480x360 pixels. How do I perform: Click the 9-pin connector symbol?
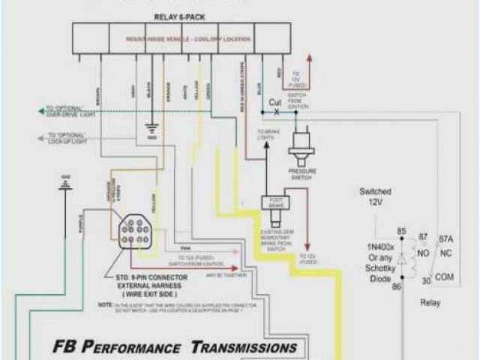pyautogui.click(x=136, y=230)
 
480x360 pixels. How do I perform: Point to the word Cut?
pyautogui.click(x=275, y=102)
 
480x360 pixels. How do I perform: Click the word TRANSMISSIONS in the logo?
pyautogui.click(x=243, y=347)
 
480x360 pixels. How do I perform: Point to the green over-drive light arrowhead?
pyautogui.click(x=42, y=112)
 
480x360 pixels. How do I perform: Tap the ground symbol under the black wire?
pyautogui.click(x=152, y=133)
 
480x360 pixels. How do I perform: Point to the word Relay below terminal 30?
pyautogui.click(x=429, y=304)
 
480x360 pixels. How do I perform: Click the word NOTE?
pyautogui.click(x=104, y=306)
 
